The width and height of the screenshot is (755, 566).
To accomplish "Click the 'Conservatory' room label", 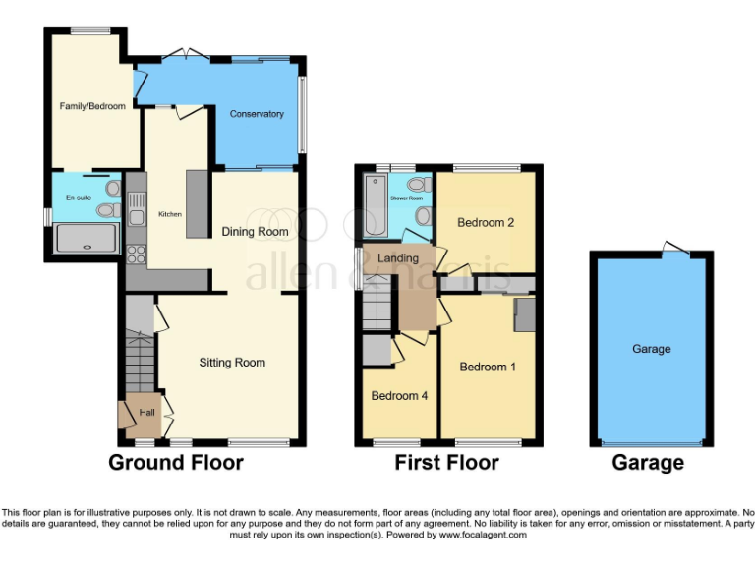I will click(x=257, y=114).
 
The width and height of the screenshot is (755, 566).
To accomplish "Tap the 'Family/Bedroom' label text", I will click(x=92, y=106).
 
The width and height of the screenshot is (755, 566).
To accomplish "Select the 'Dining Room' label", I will click(x=255, y=232).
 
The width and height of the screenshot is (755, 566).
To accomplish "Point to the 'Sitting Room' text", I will click(x=232, y=363).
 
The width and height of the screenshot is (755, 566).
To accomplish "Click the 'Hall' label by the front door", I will click(x=146, y=413).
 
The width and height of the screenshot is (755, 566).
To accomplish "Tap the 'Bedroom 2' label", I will click(x=486, y=223).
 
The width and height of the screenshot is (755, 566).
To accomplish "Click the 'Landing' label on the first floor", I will click(x=398, y=258).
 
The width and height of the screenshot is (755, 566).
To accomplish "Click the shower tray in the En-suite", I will click(x=88, y=239).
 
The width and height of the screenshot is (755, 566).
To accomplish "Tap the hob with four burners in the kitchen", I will click(x=136, y=255).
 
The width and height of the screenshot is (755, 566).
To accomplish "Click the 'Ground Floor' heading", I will click(x=175, y=463).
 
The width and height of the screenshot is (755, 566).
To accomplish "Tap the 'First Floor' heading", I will click(x=446, y=463).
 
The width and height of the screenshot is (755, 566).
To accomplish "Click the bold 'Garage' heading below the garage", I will click(x=649, y=463).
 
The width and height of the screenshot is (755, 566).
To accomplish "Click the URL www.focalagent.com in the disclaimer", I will click(x=483, y=535).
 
